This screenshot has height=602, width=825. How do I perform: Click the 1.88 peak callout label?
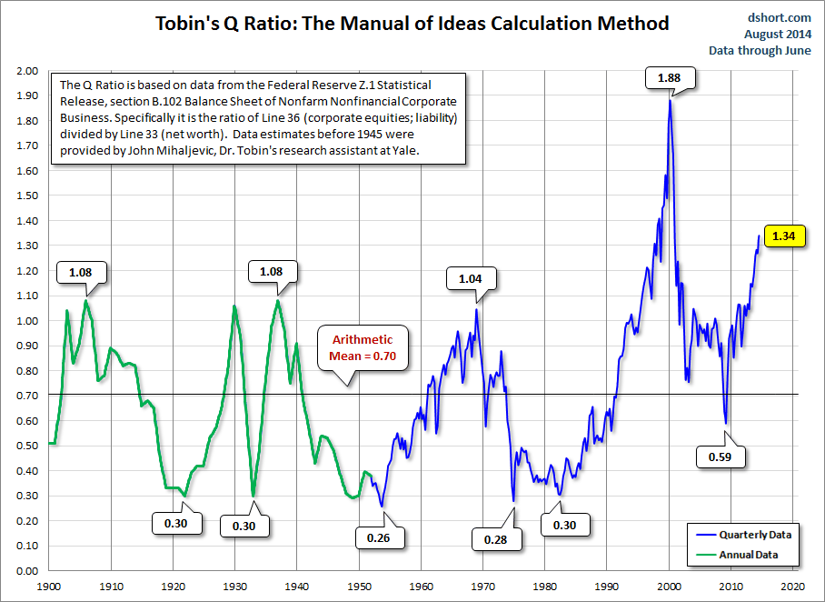click(669, 77)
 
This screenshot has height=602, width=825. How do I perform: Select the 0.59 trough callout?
click(719, 457)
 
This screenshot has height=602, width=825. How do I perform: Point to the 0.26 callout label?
click(377, 537)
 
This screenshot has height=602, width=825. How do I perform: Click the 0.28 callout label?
click(495, 539)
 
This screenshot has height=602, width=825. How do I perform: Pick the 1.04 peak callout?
click(469, 278)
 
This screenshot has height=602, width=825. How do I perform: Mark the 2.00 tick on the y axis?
click(27, 71)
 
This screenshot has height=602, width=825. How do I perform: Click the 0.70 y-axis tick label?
click(27, 396)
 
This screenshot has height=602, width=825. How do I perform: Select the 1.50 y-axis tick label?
click(27, 196)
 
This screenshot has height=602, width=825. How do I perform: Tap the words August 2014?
click(779, 34)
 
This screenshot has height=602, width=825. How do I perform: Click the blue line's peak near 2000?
click(670, 99)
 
